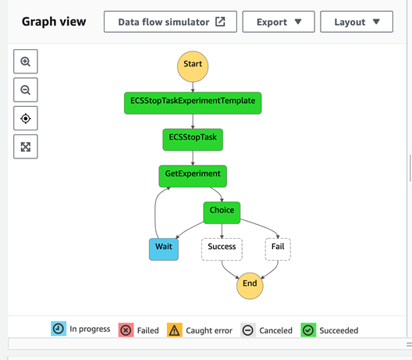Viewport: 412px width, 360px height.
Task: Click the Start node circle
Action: point(193,66)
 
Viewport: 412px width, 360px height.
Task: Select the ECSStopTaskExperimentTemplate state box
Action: point(193,103)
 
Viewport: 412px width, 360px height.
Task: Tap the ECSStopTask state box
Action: point(193,140)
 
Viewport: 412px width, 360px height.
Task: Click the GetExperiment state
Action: point(193,176)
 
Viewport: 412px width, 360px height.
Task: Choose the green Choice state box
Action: point(222,212)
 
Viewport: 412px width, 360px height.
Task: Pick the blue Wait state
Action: point(164,249)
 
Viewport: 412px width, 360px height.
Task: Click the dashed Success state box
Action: point(222,249)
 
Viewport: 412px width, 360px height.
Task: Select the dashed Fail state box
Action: point(278,249)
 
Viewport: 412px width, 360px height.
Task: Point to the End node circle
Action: point(250,286)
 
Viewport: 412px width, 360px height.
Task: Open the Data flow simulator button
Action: point(170,22)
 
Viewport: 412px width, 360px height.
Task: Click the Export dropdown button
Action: point(279,22)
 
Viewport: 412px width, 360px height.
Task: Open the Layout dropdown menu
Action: point(357,22)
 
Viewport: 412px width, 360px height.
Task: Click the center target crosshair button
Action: point(26,119)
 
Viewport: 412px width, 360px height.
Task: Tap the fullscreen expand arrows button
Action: point(26,147)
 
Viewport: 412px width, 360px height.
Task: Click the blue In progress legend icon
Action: point(59,329)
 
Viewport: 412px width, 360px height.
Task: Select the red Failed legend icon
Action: point(126,330)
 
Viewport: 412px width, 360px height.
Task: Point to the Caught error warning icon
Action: point(175,330)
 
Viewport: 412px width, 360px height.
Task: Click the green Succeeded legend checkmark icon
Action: point(308,330)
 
